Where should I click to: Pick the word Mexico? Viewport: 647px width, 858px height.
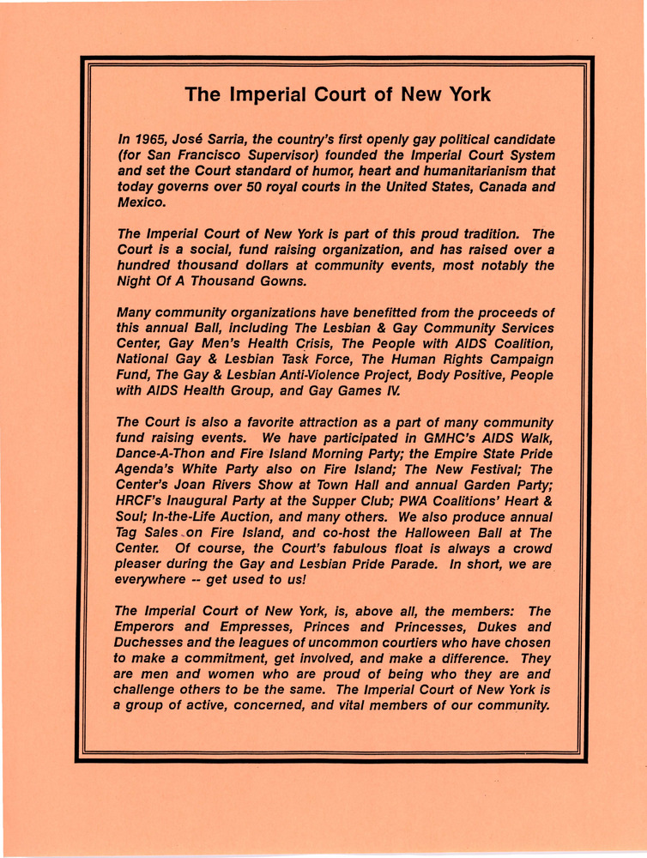pyautogui.click(x=142, y=203)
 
